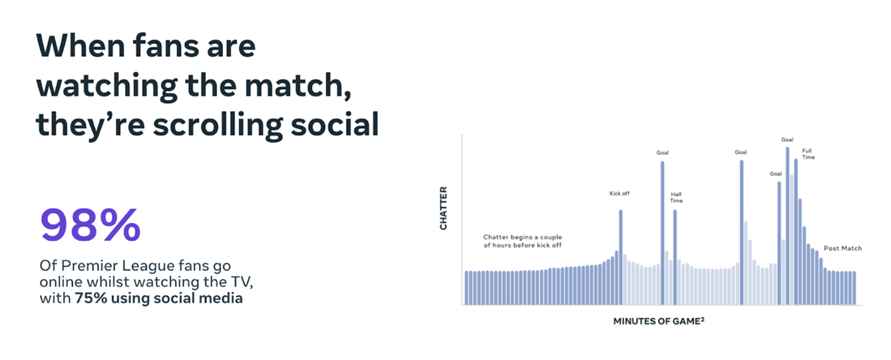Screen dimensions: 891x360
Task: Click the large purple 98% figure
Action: tap(90, 225)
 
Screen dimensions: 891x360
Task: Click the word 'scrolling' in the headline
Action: tap(218, 125)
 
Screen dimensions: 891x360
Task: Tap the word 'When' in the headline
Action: tap(81, 46)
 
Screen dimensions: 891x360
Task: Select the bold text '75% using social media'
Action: tap(159, 298)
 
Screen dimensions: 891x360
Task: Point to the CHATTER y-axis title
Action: tap(443, 208)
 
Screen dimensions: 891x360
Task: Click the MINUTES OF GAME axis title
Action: tap(656, 321)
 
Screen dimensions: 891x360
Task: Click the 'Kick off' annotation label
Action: tap(620, 193)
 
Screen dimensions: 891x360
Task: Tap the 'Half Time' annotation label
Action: tap(676, 197)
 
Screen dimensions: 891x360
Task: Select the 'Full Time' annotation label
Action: tap(808, 154)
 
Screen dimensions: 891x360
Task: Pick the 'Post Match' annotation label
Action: tap(843, 248)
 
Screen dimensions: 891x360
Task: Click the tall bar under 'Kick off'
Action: tap(620, 257)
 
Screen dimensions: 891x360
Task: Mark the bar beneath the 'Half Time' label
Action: tap(675, 257)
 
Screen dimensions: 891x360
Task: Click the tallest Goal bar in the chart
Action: tap(787, 226)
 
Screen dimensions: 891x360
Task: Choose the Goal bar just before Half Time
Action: tap(662, 233)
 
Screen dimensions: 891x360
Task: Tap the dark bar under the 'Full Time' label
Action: tap(795, 232)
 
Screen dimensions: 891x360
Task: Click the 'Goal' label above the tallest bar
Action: tap(787, 140)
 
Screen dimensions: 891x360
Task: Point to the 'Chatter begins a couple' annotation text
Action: tap(523, 237)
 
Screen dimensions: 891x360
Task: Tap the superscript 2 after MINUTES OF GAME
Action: tap(702, 319)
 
